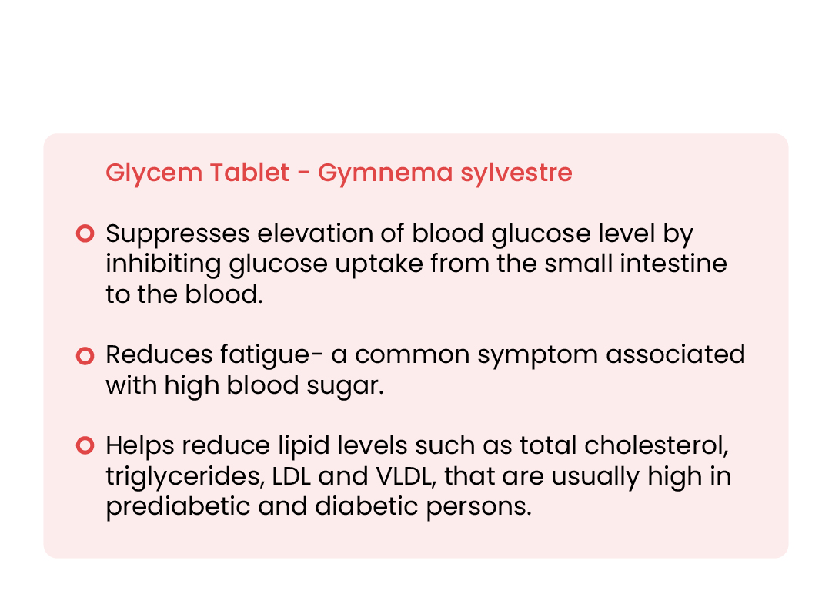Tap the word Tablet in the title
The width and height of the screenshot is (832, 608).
point(249,172)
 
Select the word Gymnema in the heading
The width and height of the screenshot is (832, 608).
point(386,173)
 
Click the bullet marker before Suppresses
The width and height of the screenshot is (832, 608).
point(85,233)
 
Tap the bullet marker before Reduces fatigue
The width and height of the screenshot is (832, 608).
point(85,355)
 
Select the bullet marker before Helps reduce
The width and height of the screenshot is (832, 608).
point(85,445)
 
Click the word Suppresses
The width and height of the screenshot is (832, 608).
point(178,234)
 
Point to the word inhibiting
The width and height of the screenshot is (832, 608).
point(163,264)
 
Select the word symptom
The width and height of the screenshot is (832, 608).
point(537,356)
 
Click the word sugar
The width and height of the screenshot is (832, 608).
point(345,386)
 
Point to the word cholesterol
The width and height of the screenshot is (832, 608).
point(657,445)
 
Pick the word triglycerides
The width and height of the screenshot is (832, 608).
point(185,476)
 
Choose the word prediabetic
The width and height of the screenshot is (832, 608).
point(178,506)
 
